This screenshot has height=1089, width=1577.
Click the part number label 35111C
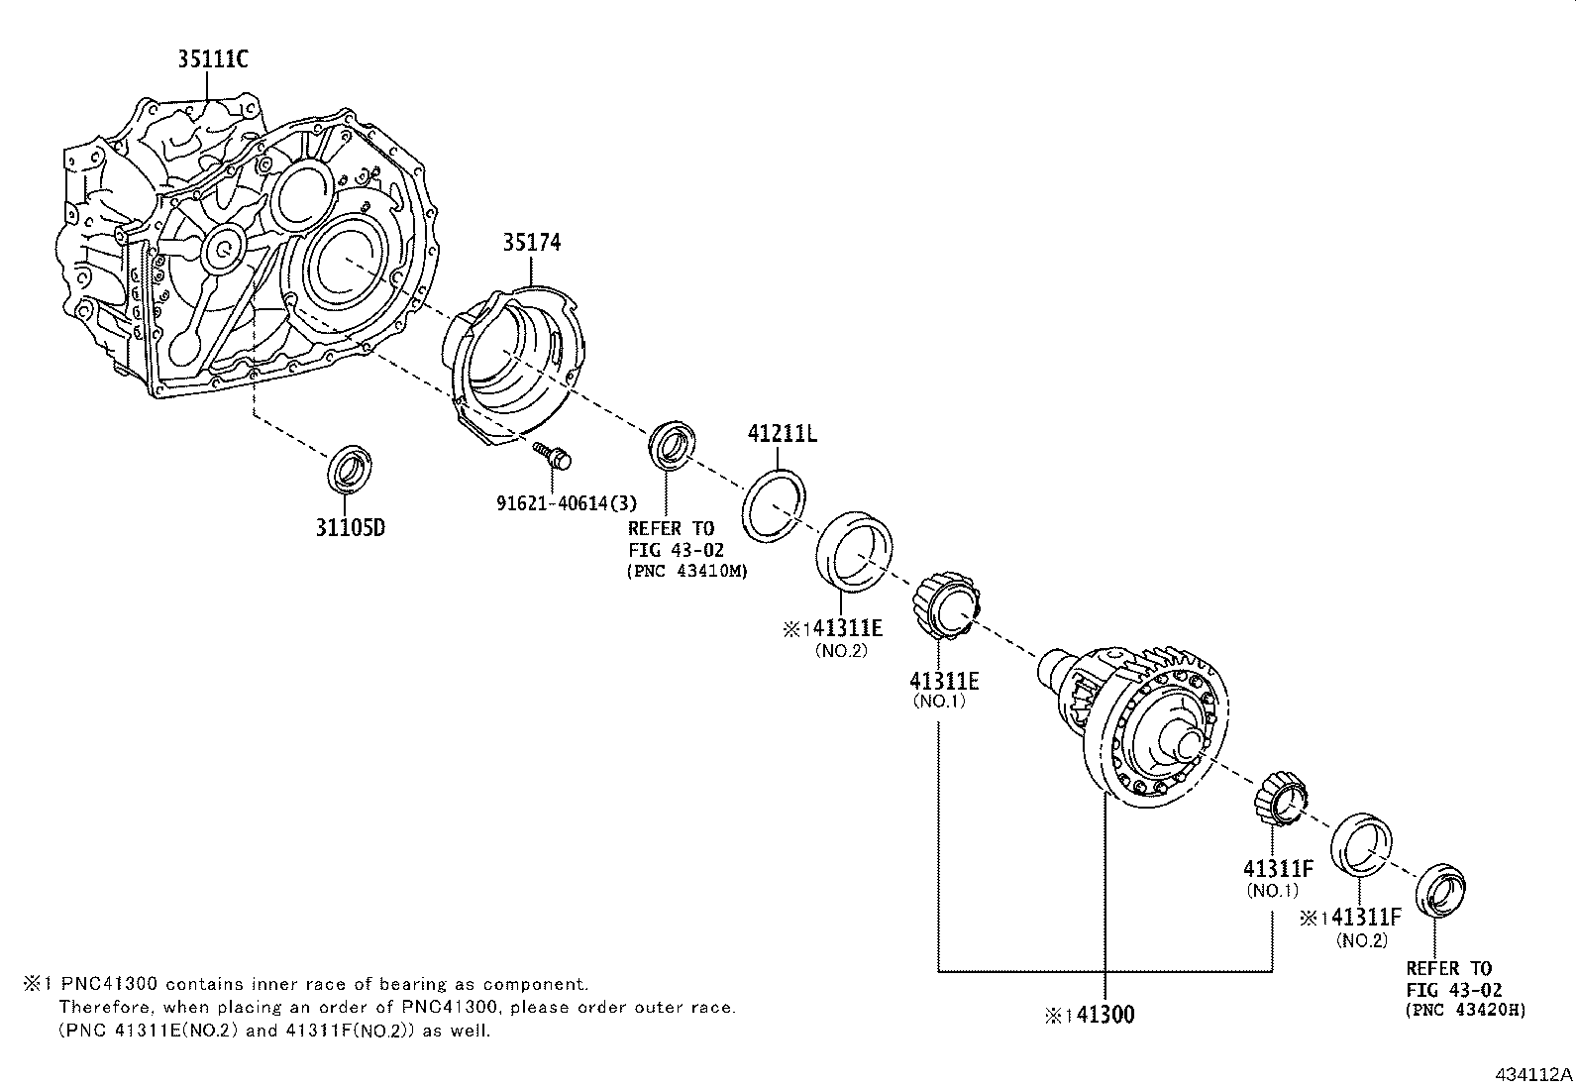tap(212, 59)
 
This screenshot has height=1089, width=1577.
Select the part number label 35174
tap(531, 242)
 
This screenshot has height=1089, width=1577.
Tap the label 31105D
tap(350, 527)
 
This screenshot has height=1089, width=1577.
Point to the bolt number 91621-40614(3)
tap(567, 502)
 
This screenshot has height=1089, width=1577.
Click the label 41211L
tap(782, 434)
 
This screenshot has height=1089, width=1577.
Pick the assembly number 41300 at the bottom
tap(1103, 1014)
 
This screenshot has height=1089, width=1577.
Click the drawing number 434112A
tap(1532, 1074)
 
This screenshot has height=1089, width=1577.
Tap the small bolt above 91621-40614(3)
tap(555, 457)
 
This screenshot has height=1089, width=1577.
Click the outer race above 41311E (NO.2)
tap(853, 550)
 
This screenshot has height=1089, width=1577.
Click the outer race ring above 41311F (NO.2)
tap(1362, 844)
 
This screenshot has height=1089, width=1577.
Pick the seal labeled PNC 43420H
tap(1440, 893)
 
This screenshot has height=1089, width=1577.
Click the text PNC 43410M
tap(685, 571)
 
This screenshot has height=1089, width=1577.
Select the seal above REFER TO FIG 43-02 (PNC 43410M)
tap(674, 443)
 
